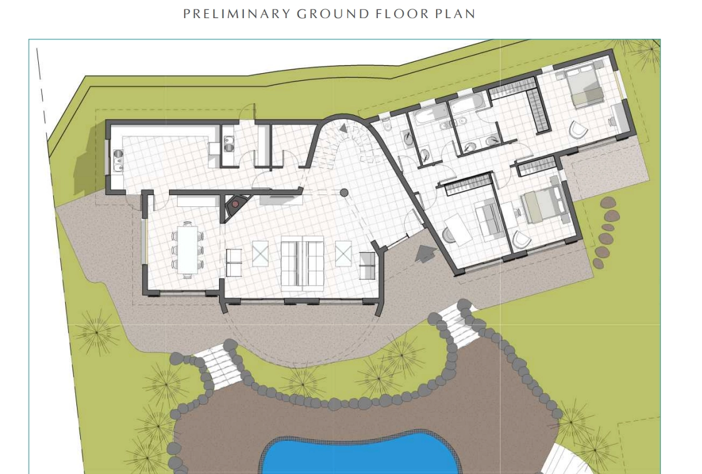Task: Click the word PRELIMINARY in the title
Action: (237, 14)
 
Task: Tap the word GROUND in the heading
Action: (333, 14)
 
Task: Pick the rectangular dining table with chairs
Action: (187, 250)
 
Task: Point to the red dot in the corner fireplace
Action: (235, 204)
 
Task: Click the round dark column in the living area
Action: (344, 193)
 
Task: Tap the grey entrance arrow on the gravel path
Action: (425, 254)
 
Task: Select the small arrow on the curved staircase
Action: (343, 128)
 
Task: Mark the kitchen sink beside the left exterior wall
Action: (118, 161)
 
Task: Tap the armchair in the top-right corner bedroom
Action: (578, 130)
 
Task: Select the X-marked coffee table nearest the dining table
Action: (260, 253)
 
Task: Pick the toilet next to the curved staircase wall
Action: (387, 126)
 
